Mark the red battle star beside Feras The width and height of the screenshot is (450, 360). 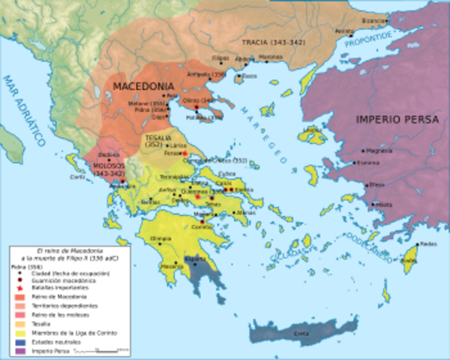[184, 153]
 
